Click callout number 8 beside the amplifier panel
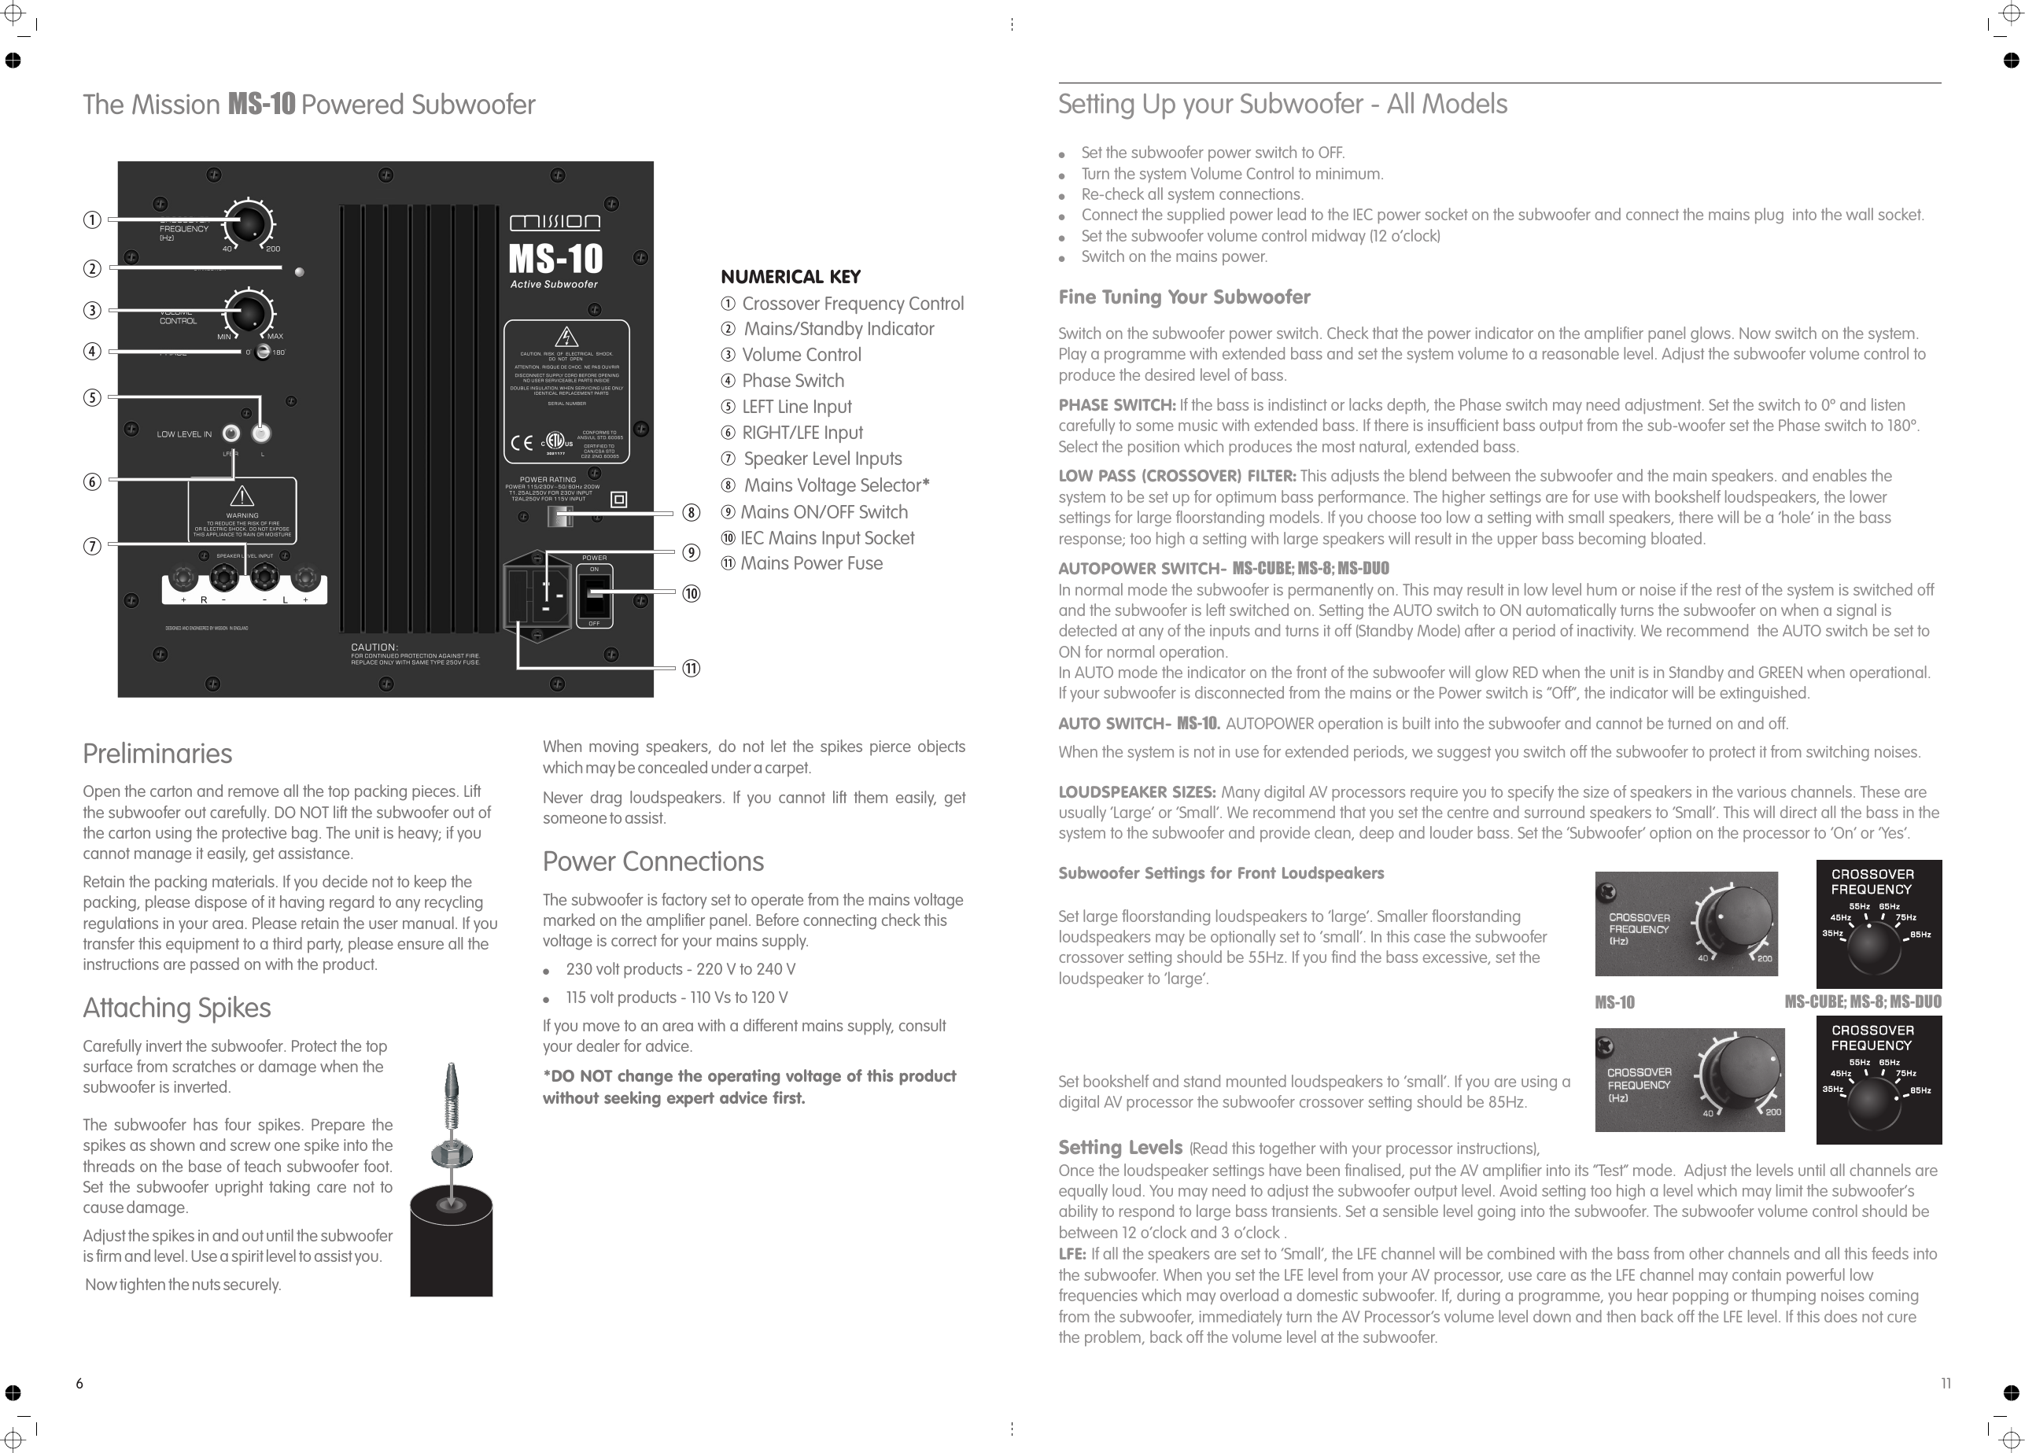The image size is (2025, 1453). (x=691, y=513)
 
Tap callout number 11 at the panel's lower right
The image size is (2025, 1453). (x=691, y=668)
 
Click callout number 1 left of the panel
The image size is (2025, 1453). (x=92, y=219)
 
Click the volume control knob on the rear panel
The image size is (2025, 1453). (x=249, y=312)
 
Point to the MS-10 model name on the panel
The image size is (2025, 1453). (x=555, y=259)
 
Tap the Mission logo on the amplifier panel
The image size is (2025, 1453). (x=555, y=223)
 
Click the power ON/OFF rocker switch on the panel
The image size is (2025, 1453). (x=595, y=595)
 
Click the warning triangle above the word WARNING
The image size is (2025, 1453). (x=242, y=496)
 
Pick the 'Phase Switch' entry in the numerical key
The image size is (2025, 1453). (x=793, y=382)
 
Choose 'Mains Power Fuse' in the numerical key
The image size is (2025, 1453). (x=811, y=563)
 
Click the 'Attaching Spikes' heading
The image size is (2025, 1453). (x=177, y=1009)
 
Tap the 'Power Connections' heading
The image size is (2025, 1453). (x=653, y=861)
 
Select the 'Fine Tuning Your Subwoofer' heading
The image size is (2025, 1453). (x=1184, y=297)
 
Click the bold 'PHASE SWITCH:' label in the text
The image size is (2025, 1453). (x=1116, y=405)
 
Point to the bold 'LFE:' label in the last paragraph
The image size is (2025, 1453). (x=1072, y=1254)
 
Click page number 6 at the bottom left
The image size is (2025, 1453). (x=79, y=1383)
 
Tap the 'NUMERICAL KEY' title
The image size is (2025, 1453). (x=790, y=277)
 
